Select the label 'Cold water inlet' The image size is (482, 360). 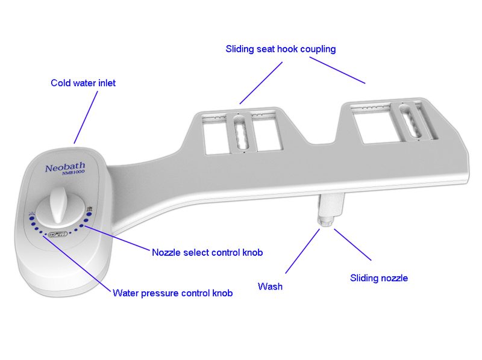click(83, 83)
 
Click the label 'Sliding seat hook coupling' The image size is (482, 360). click(280, 49)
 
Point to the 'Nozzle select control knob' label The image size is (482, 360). click(207, 252)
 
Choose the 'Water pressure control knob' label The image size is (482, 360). click(172, 293)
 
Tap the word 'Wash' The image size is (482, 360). click(270, 287)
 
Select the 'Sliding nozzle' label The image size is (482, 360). click(379, 278)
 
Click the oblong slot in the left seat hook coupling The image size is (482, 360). click(240, 131)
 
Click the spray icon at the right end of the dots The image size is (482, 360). click(89, 209)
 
